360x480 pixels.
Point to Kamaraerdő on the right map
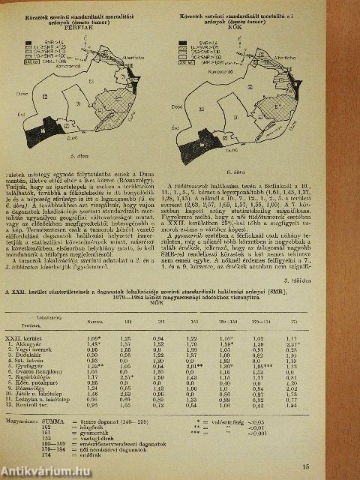click(x=221, y=73)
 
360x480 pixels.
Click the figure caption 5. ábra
click(x=73, y=157)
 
